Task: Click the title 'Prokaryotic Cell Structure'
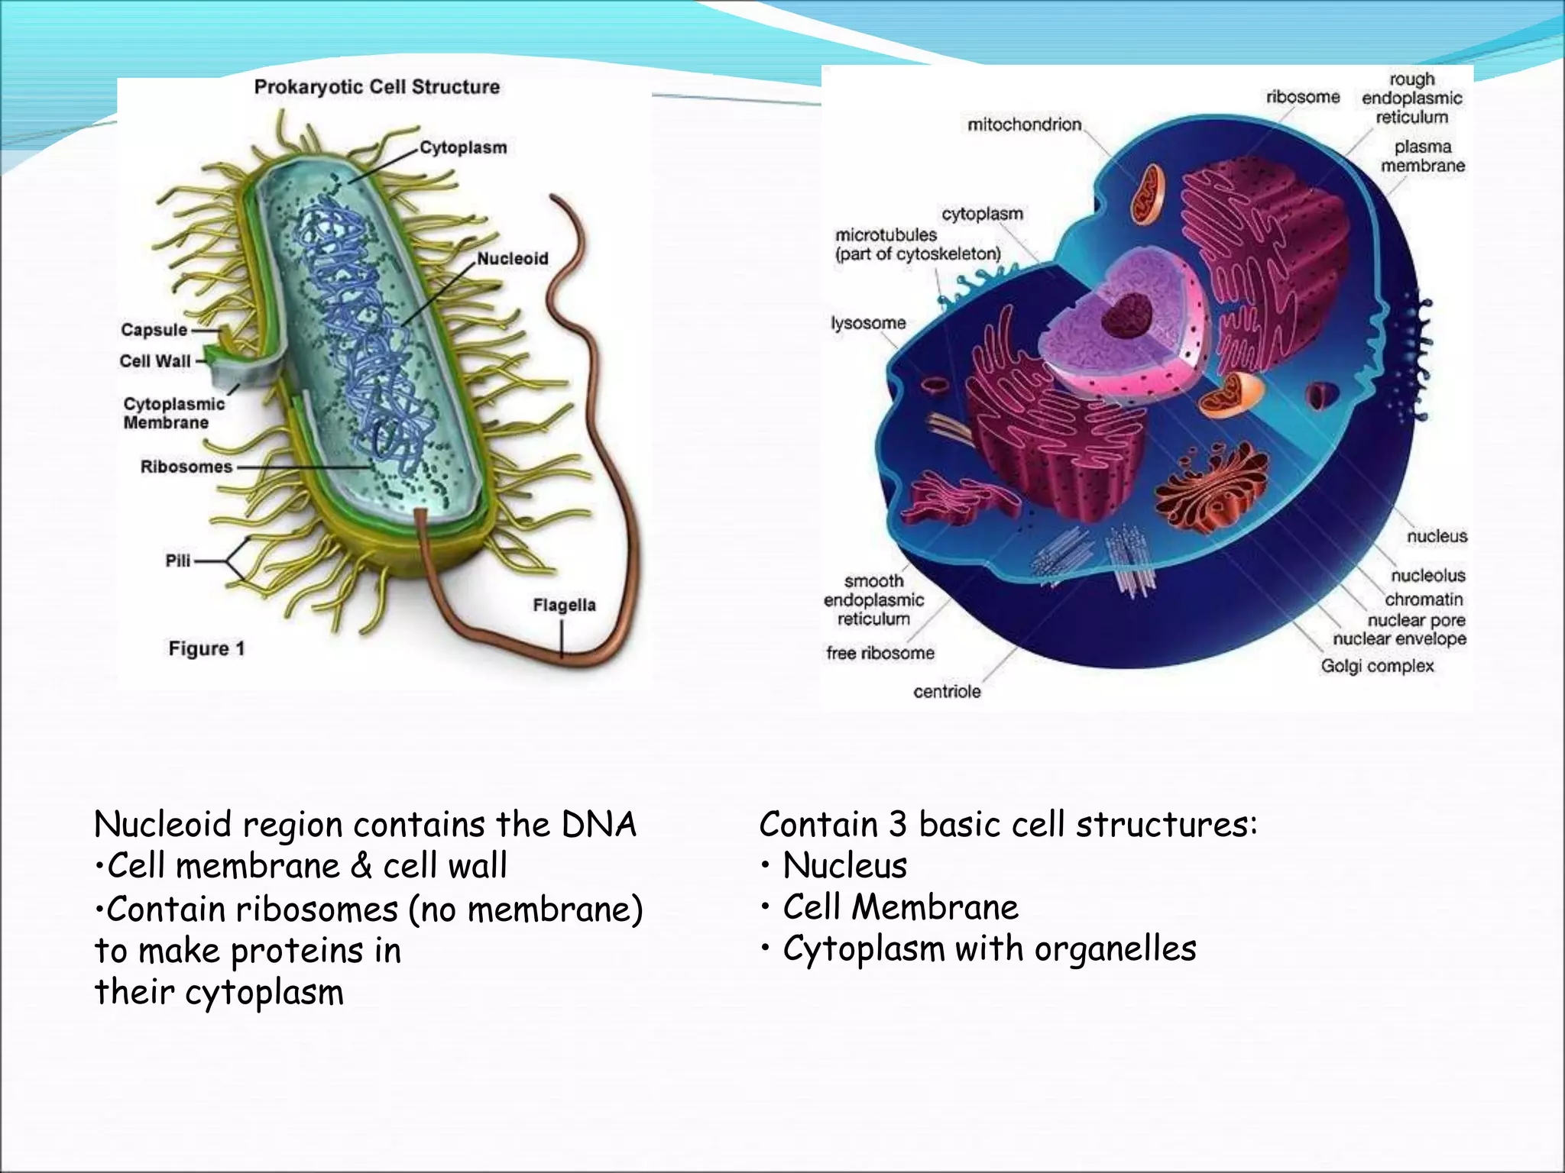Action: (x=377, y=87)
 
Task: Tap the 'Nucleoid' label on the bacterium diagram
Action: (x=512, y=259)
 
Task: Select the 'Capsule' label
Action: (x=154, y=330)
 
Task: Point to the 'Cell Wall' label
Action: (x=155, y=361)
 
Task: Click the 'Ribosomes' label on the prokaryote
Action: (x=186, y=467)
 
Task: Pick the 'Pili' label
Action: (x=178, y=561)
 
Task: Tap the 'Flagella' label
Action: (x=564, y=606)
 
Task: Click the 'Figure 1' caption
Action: (x=206, y=649)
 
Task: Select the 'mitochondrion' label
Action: (x=1024, y=124)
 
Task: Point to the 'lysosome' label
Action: (x=868, y=323)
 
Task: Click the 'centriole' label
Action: (x=947, y=692)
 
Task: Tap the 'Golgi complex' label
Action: (x=1377, y=666)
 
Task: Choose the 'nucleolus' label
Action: (x=1427, y=576)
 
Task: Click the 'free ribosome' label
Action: (x=880, y=653)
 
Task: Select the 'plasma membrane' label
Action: (x=1422, y=156)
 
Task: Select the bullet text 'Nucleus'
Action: (x=844, y=866)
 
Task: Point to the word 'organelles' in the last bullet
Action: (x=1115, y=949)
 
